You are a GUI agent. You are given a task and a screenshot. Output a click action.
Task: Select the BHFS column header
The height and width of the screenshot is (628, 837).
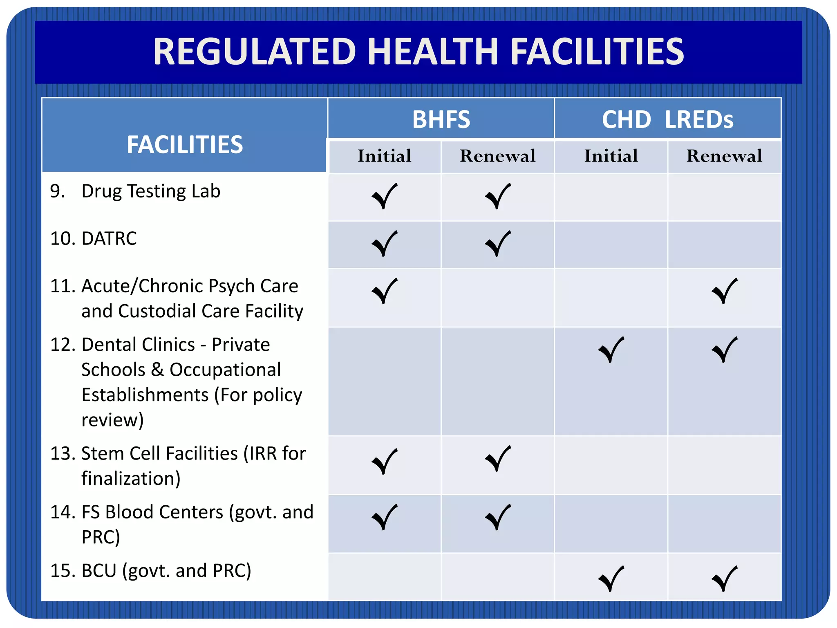tap(441, 119)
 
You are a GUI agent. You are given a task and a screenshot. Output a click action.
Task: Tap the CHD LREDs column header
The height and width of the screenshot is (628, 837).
tap(667, 119)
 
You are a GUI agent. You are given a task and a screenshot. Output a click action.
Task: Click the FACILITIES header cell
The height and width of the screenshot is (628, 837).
tap(185, 144)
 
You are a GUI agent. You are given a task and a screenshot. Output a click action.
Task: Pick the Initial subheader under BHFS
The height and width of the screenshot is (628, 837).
tap(385, 156)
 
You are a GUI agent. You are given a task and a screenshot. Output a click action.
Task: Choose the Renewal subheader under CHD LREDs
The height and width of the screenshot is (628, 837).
tap(724, 156)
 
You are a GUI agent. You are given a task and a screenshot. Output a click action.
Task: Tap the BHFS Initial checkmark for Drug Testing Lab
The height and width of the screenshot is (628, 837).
tap(385, 196)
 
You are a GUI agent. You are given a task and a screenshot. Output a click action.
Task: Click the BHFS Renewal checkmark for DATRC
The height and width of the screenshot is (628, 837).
tap(498, 244)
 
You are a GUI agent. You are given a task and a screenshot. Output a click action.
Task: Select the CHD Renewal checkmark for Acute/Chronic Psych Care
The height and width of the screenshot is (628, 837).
tap(724, 291)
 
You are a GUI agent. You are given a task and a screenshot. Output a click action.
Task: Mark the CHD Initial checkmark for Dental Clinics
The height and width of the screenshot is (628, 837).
tap(611, 350)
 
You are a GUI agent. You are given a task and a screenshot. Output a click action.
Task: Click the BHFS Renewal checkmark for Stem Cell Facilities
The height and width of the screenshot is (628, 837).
tap(498, 459)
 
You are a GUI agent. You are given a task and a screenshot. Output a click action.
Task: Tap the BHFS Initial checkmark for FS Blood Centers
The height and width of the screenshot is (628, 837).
tap(385, 517)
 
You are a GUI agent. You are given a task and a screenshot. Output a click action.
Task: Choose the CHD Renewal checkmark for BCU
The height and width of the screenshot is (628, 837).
tap(724, 579)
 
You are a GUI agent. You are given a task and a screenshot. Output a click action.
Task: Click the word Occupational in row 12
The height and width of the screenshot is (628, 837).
tap(225, 370)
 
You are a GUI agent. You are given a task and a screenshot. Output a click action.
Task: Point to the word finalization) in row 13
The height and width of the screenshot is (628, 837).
tap(131, 478)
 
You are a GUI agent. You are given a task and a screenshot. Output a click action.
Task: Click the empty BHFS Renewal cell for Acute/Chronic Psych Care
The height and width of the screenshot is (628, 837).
tap(498, 298)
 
